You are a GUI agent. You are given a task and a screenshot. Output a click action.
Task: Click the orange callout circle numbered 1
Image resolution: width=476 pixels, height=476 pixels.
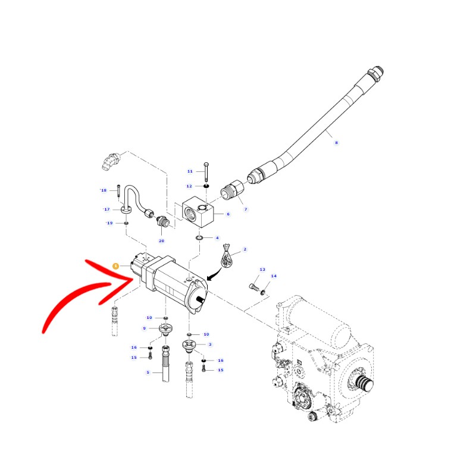tap(115, 266)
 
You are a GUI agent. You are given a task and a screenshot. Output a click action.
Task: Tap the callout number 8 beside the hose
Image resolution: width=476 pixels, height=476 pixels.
tap(336, 143)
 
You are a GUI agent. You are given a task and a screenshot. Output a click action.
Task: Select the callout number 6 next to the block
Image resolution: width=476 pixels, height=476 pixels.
tap(228, 214)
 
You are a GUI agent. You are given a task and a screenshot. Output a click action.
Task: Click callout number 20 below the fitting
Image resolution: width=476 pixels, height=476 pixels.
tap(161, 241)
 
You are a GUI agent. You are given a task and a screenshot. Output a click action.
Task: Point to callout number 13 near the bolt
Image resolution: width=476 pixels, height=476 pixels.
tap(262, 270)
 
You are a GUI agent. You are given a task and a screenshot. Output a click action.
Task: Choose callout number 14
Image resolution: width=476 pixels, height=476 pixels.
tap(274, 276)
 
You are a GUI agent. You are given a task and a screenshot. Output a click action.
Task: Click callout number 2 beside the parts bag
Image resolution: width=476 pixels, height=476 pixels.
tap(245, 249)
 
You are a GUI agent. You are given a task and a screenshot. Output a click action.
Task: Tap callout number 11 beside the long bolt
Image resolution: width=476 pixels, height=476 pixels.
tap(190, 171)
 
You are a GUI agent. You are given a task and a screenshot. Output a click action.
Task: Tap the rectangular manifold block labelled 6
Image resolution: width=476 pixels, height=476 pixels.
tap(198, 212)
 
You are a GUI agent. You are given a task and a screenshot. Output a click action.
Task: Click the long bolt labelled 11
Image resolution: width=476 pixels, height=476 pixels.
tap(206, 172)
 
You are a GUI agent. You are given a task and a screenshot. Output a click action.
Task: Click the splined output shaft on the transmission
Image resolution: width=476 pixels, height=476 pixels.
tap(364, 383)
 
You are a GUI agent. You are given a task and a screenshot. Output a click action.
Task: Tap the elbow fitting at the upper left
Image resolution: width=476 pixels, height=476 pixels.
tap(111, 161)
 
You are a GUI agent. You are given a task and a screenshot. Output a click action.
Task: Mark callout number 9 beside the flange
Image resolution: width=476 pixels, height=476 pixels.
tap(145, 328)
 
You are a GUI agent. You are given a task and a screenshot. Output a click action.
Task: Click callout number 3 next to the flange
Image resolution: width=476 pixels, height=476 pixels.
tap(210, 345)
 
